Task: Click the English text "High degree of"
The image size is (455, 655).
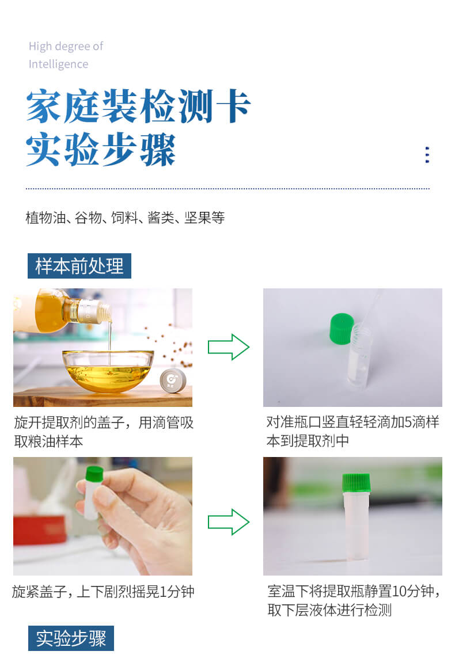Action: (66, 46)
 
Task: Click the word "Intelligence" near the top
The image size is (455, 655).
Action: (58, 64)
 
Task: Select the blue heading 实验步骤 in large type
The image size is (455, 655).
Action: (101, 151)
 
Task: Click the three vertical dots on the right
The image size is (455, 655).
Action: (427, 155)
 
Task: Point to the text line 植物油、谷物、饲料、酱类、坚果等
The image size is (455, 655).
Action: (125, 218)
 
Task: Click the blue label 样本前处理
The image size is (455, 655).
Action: (79, 266)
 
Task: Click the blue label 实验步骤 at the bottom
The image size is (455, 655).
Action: (71, 638)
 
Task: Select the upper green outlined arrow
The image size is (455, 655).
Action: (228, 347)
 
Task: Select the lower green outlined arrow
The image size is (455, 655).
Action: (228, 522)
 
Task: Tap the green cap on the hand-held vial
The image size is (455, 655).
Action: (94, 474)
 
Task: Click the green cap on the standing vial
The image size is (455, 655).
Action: (355, 483)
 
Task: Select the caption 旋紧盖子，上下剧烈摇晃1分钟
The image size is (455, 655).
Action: (103, 592)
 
